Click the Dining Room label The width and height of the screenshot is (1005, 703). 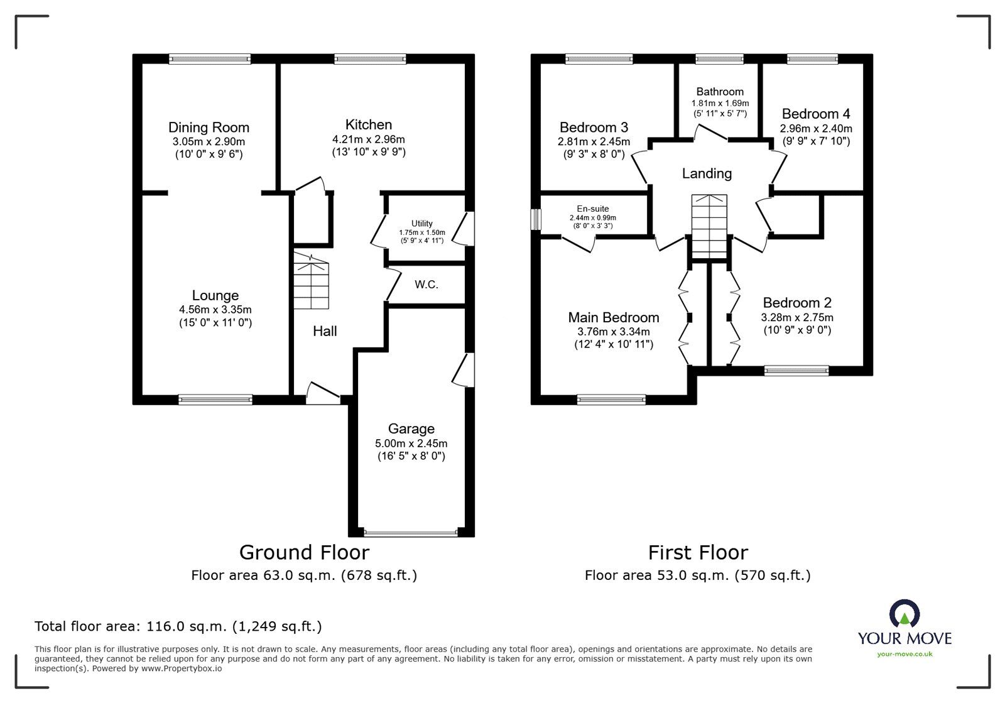[209, 128]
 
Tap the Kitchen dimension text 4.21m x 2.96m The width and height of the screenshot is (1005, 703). [368, 139]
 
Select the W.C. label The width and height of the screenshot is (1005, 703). [426, 285]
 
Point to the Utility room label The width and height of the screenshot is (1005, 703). [421, 224]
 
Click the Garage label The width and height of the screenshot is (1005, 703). [411, 429]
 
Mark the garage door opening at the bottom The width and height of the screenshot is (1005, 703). [411, 533]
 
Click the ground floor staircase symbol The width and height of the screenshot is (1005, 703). [311, 280]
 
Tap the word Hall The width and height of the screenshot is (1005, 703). [325, 331]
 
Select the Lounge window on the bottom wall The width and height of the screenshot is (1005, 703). [215, 400]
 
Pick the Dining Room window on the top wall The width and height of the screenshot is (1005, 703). [210, 59]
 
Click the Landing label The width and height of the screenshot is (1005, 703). [707, 173]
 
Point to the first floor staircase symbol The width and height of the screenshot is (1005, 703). [709, 227]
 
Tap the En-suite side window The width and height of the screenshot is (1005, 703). [536, 219]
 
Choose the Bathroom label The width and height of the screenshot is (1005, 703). [720, 92]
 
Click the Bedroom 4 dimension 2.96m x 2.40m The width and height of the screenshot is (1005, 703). [816, 129]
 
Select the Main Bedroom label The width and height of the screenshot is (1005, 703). [613, 318]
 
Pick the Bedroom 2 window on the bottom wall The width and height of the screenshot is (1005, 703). [796, 371]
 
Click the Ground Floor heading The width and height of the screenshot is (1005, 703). [304, 552]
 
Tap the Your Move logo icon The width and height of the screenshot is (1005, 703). [905, 613]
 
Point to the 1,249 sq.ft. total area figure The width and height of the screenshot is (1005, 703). [277, 626]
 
